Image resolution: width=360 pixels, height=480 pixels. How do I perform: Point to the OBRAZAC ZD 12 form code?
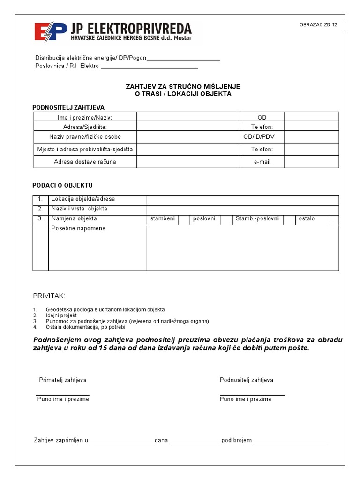pos(318,25)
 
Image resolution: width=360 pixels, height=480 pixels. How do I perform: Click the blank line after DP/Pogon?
pos(183,59)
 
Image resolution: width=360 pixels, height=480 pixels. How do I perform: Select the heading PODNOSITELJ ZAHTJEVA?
pos(68,108)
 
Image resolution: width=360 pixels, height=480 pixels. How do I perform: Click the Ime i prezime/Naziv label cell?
pos(85,117)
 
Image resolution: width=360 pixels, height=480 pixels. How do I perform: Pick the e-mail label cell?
pos(262,162)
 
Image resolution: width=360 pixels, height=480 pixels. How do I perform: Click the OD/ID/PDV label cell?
pos(262,137)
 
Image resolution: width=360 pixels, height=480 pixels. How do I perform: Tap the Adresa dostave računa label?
pos(85,162)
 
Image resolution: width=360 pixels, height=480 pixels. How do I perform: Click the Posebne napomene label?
pos(78,229)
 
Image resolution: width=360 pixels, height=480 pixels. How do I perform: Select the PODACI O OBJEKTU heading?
pos(62,186)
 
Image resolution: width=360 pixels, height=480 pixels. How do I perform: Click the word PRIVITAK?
pos(49,296)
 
